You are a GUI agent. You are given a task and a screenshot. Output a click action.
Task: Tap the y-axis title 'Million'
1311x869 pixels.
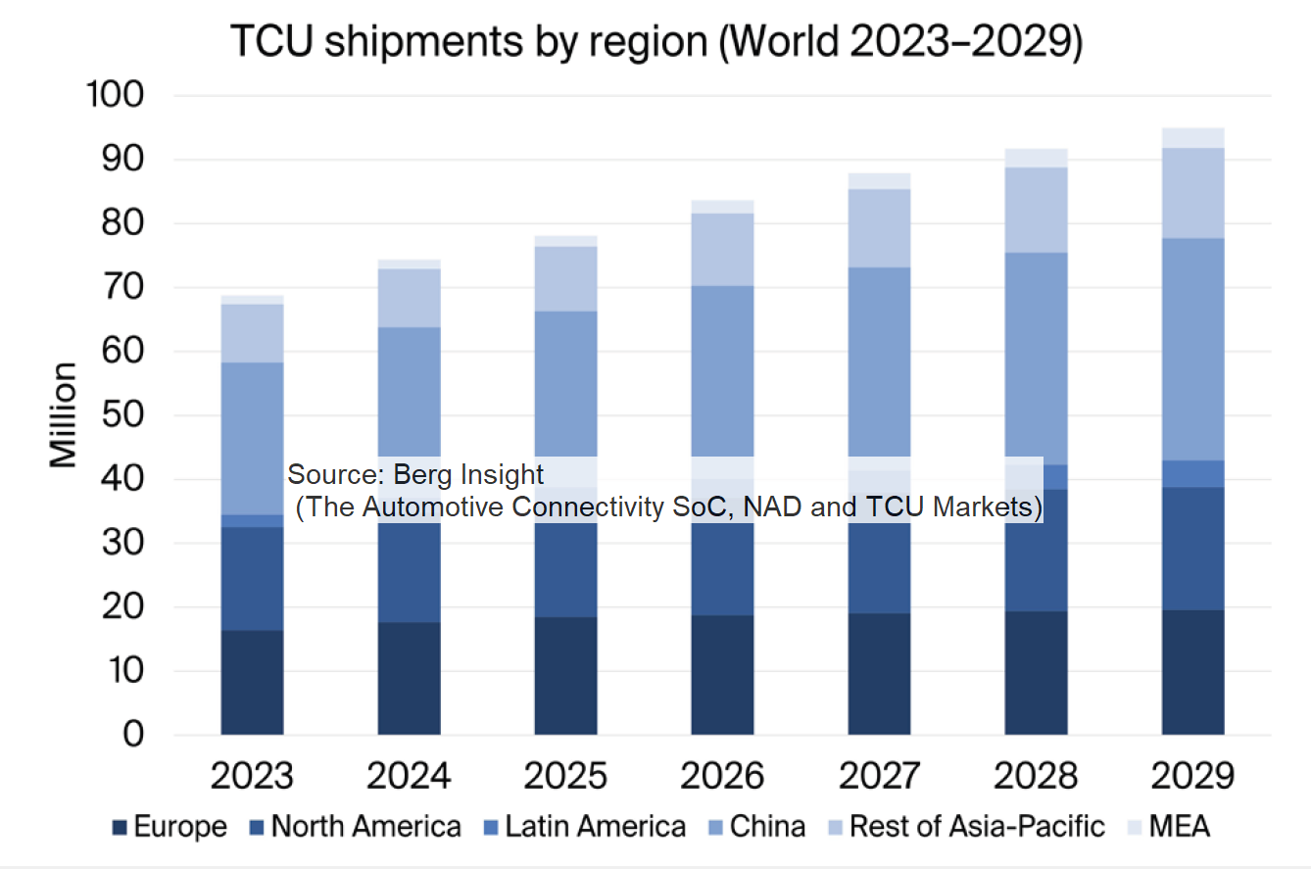[64, 414]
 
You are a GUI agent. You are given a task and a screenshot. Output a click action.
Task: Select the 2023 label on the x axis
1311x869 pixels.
[252, 777]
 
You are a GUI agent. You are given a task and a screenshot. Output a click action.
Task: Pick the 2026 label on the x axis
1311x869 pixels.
[722, 777]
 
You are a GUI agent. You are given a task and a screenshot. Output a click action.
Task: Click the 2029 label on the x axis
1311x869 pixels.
[1192, 777]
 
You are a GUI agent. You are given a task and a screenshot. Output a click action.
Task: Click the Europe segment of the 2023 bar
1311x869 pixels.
[252, 682]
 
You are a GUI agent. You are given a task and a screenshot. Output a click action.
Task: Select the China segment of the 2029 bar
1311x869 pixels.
[1192, 349]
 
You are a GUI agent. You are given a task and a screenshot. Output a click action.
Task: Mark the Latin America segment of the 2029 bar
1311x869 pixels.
[1192, 473]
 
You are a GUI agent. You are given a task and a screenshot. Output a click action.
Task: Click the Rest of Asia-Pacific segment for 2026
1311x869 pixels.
[722, 249]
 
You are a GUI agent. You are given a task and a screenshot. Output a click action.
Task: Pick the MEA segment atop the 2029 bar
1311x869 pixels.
[1192, 137]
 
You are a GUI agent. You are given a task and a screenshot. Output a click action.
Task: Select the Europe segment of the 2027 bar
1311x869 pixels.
[879, 674]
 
